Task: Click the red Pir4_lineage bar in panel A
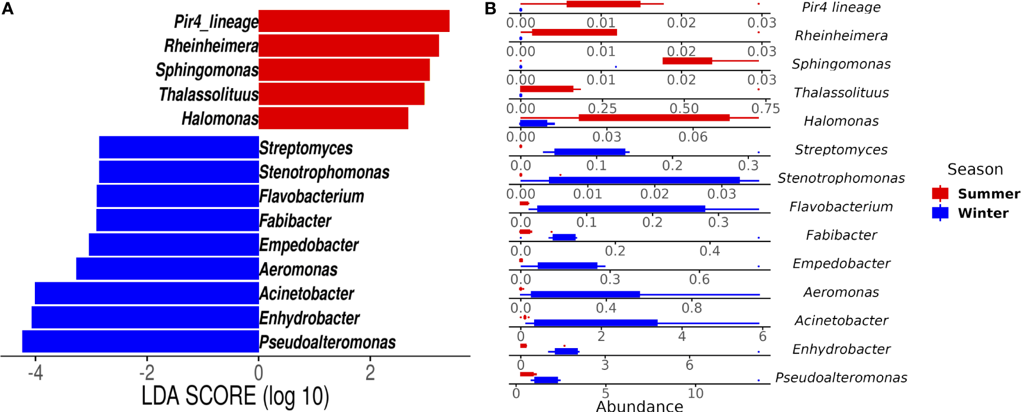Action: [354, 21]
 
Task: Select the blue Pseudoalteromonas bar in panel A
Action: [140, 342]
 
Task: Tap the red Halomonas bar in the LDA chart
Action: [333, 118]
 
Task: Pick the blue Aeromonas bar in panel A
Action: [167, 269]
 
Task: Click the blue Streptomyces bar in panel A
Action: [179, 147]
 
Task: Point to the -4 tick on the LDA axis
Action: [35, 372]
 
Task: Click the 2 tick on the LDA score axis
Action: [370, 372]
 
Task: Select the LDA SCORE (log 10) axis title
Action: [235, 395]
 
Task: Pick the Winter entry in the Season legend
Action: [971, 213]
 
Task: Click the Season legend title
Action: [975, 169]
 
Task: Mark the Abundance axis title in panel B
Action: [639, 405]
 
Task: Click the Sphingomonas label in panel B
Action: [841, 64]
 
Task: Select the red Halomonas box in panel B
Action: [654, 118]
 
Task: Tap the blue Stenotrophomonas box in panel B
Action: [644, 181]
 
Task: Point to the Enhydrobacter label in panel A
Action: [309, 318]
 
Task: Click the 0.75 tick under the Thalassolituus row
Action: [765, 108]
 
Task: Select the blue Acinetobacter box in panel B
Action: [595, 323]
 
